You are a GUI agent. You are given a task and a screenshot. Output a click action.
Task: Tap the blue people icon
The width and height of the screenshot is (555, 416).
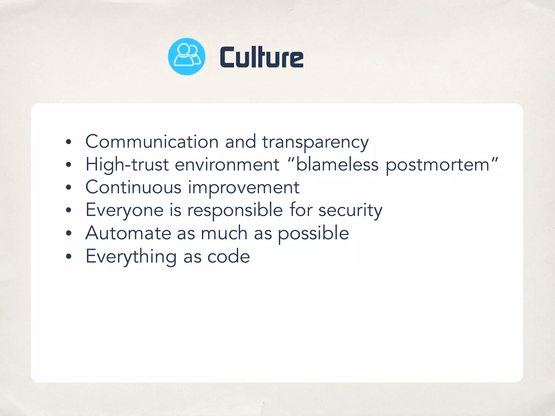pos(187,56)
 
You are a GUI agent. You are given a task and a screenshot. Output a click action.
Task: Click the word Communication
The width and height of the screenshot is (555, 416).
pos(152,142)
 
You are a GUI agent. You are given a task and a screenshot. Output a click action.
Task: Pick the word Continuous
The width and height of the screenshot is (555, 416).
pos(133,187)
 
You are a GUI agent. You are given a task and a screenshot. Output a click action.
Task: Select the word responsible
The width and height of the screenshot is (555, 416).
pos(235,210)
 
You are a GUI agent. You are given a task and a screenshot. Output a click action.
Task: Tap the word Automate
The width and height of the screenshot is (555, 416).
pos(128,233)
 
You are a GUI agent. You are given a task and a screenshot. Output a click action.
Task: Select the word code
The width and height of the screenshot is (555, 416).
pos(228,256)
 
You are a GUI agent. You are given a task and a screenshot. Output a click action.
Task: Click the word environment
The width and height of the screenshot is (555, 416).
pos(227,164)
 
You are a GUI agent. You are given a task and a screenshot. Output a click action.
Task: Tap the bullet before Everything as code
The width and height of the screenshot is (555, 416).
pos(69,256)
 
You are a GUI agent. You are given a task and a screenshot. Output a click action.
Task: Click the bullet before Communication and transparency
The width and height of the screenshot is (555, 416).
pos(69,142)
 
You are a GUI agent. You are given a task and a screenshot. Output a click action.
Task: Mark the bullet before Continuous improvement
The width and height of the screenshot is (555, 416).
pos(69,187)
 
